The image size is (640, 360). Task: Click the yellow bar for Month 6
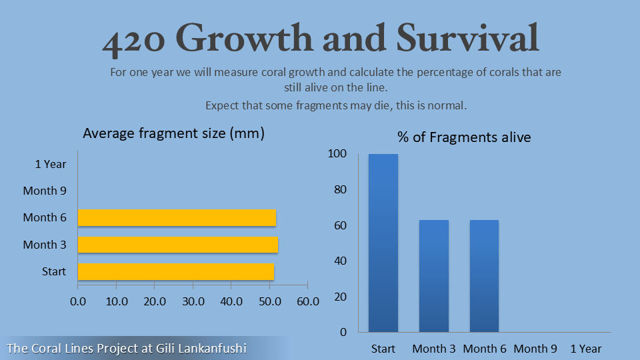177,217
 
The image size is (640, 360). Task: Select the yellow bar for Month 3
178,245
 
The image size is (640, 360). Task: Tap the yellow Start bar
176,271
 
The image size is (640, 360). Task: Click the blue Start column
383,243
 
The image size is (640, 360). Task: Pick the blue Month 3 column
434,276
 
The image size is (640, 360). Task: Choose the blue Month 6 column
484,276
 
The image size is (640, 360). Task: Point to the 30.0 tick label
193,301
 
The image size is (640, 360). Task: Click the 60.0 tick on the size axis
308,301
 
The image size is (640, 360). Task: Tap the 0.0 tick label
78,301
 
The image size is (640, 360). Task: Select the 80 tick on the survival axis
340,189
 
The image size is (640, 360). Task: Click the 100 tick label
337,153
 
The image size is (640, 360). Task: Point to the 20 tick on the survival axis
340,297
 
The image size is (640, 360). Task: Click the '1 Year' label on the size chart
51,164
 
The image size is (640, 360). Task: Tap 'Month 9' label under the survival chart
535,349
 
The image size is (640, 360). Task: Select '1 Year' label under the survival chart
586,349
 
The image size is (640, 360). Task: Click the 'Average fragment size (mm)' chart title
174,133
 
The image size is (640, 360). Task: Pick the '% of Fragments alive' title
464,137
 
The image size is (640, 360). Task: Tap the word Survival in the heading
467,37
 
